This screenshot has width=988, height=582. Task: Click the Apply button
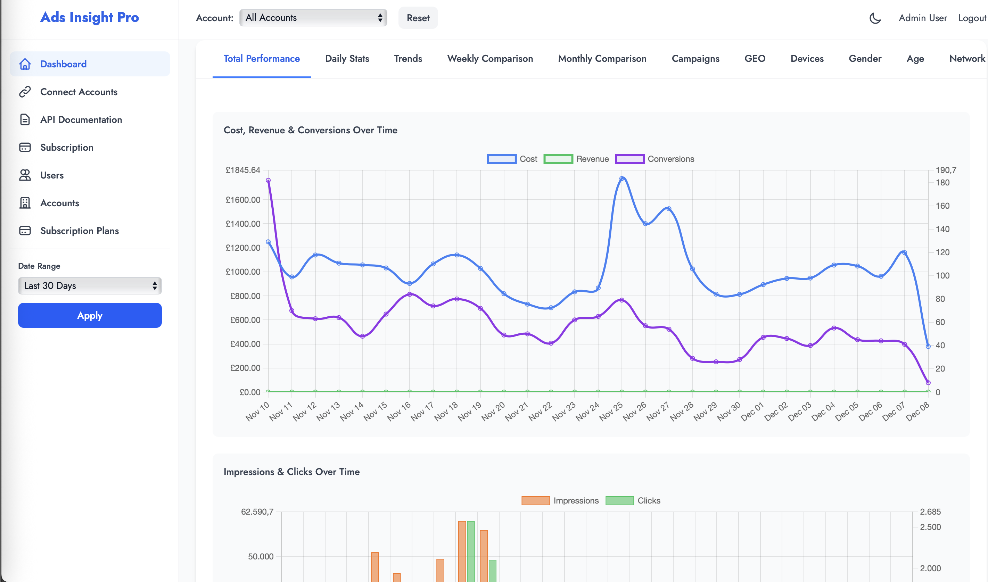click(x=90, y=315)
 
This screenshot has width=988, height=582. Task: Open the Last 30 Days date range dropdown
click(x=90, y=285)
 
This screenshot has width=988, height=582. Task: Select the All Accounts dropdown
click(x=313, y=18)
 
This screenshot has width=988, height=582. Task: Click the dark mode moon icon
click(x=875, y=18)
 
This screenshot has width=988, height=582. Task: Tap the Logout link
click(x=972, y=18)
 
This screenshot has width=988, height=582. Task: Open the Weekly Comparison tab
click(x=490, y=59)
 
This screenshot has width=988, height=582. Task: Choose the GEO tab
click(x=755, y=59)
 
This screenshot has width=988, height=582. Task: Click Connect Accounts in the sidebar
click(x=79, y=92)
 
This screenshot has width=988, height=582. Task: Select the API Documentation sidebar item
click(x=81, y=119)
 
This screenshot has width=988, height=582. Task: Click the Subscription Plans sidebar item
click(x=79, y=231)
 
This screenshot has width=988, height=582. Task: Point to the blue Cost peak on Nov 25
click(x=621, y=179)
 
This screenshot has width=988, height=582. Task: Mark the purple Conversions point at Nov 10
click(x=268, y=181)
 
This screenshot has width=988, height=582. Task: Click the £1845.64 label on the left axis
click(x=243, y=170)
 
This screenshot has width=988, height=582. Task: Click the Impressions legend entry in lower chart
click(x=560, y=500)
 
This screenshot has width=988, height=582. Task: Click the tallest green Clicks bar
click(x=471, y=551)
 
